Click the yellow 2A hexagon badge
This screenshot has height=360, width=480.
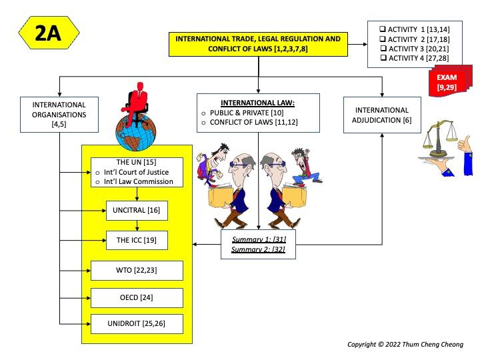[48, 33]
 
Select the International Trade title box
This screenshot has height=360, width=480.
[257, 43]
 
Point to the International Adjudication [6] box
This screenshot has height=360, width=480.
[381, 115]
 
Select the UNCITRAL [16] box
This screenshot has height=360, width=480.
[137, 211]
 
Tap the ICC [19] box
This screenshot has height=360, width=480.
[137, 240]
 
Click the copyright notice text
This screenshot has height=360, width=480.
[405, 345]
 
